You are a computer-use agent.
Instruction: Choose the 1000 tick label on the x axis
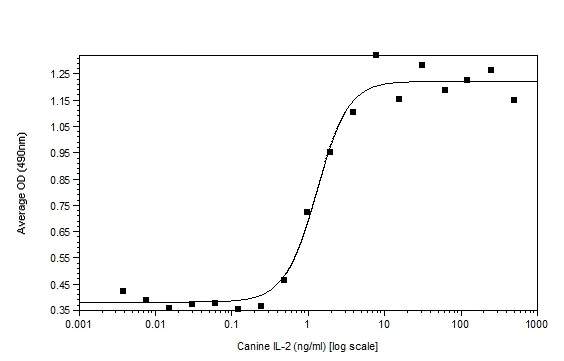tap(537, 324)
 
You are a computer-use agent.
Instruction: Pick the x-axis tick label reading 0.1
tap(231, 324)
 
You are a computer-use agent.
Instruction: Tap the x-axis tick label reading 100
tap(460, 324)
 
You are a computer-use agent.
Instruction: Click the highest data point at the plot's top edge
tap(376, 55)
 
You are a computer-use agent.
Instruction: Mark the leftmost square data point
tap(123, 291)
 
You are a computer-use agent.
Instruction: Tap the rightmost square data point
tap(514, 100)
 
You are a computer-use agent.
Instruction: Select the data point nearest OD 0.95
tap(330, 152)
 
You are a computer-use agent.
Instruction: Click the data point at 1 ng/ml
tap(307, 212)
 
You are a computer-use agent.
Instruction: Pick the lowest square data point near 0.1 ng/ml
tap(238, 309)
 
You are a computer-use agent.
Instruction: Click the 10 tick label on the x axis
tap(384, 324)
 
